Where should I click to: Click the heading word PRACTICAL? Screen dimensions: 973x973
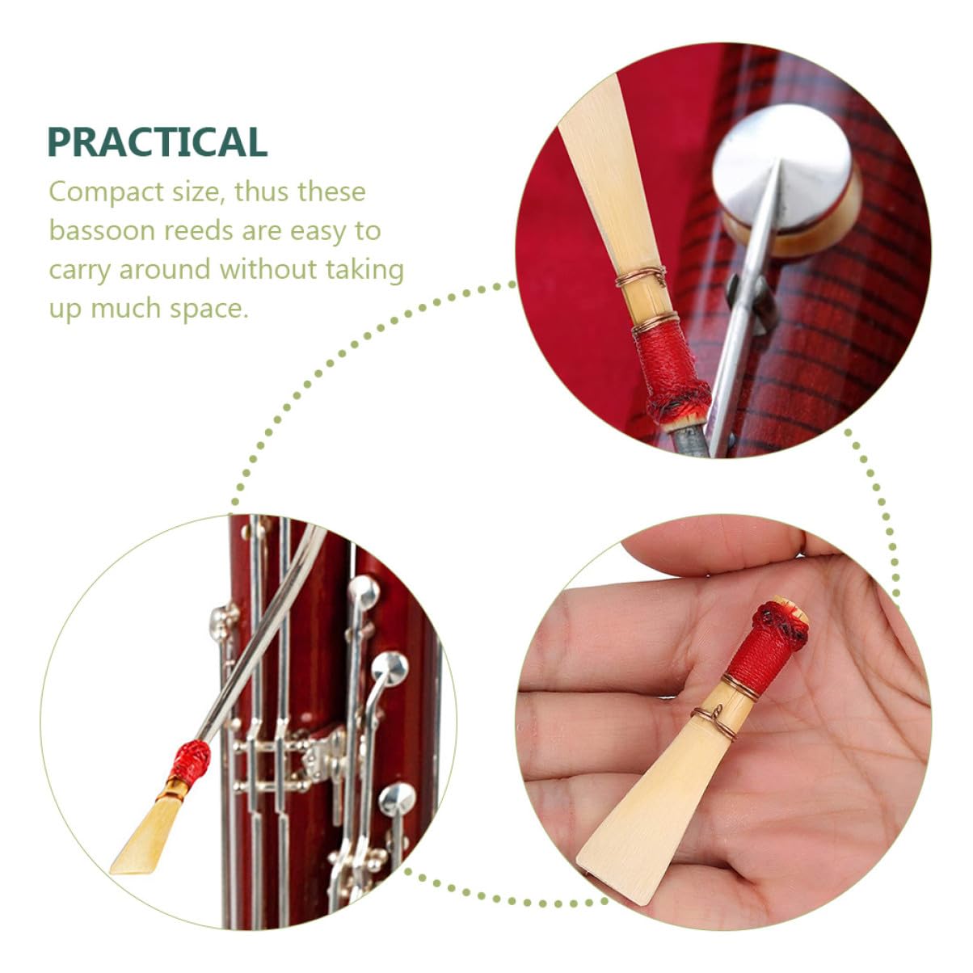(157, 142)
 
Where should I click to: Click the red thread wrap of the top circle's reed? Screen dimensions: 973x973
(670, 373)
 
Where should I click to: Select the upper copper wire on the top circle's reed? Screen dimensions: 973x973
(640, 277)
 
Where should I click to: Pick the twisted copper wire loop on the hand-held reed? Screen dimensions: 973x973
(714, 722)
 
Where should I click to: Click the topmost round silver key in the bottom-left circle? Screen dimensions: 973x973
(363, 592)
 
